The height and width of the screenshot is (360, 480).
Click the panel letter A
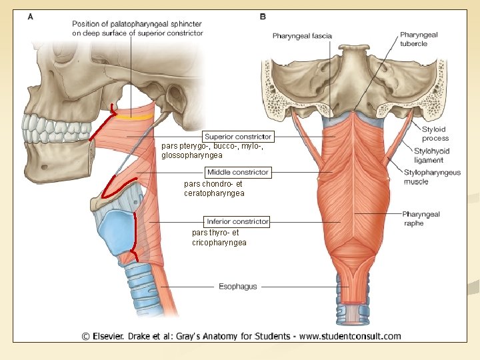tap(31, 17)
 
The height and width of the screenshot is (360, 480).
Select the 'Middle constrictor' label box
tap(237, 172)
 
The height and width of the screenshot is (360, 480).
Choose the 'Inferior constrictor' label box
tap(237, 221)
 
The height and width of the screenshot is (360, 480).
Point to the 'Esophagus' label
tap(237, 287)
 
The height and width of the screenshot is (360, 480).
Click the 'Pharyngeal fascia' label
tap(302, 36)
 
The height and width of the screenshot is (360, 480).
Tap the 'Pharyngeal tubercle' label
tap(419, 39)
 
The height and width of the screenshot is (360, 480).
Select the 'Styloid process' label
tap(435, 133)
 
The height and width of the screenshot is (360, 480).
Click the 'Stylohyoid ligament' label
tap(431, 155)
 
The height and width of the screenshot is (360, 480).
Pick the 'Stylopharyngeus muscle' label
tap(431, 177)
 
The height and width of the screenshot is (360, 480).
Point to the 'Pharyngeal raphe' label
tap(421, 219)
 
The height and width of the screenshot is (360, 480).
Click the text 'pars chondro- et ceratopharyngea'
tap(214, 189)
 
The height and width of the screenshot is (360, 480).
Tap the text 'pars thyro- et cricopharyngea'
tap(219, 237)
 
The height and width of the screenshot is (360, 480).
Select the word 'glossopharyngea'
tap(193, 155)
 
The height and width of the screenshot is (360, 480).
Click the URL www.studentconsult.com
tap(350, 336)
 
